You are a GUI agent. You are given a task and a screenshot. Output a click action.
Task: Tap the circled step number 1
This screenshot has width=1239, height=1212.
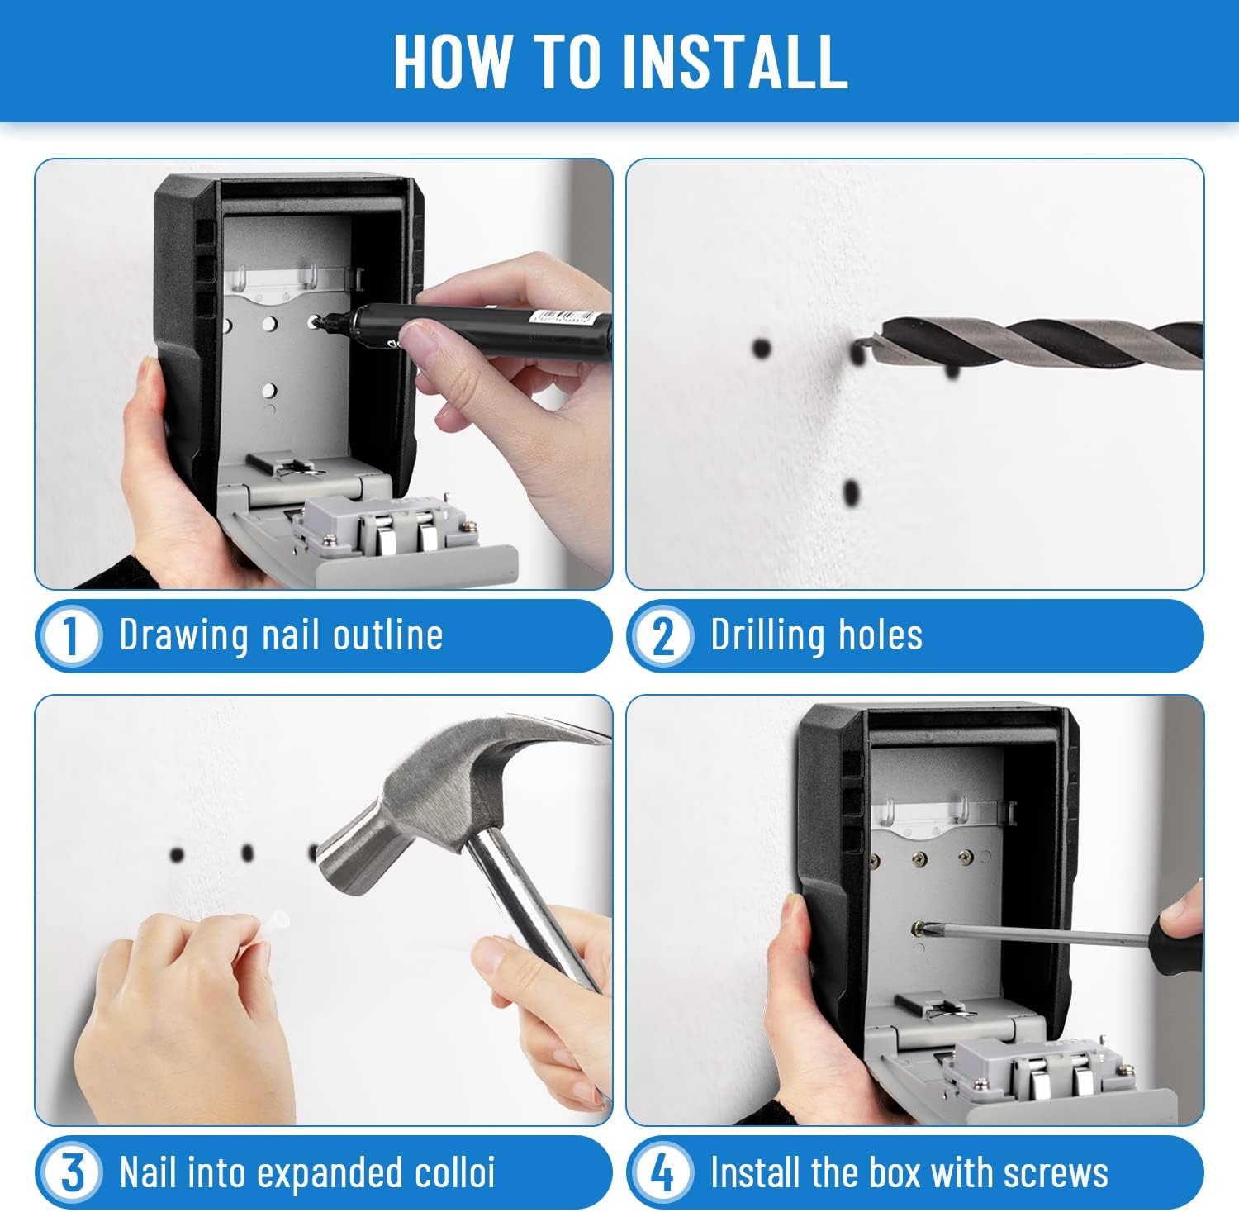pos(70,636)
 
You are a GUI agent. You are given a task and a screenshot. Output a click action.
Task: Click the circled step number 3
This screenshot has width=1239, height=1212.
pos(70,1172)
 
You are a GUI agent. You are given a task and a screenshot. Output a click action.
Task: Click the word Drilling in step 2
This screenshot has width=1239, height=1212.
pos(769,636)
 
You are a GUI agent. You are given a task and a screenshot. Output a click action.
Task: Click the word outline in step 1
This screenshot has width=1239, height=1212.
pos(387,635)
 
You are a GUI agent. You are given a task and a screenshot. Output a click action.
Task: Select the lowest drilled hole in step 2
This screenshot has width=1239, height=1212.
pos(852,494)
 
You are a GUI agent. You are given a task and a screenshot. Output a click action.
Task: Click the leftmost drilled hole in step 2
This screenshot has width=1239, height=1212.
pos(762,348)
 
